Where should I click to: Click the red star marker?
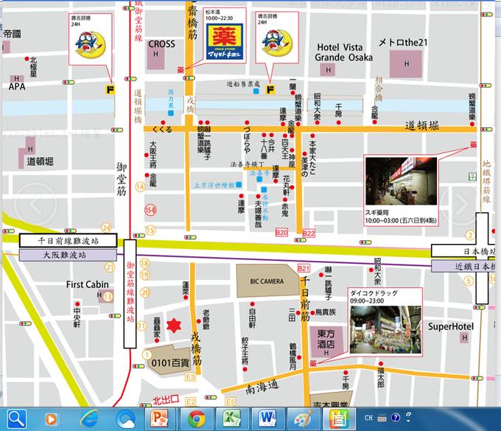pyautogui.click(x=175, y=325)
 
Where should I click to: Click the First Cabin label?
pyautogui.click(x=87, y=284)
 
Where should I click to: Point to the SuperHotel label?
pyautogui.click(x=450, y=326)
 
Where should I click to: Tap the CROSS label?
pyautogui.click(x=161, y=44)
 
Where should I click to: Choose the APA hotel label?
pyautogui.click(x=16, y=86)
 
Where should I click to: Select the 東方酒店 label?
pyautogui.click(x=326, y=338)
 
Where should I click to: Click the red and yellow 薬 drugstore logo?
pyautogui.click(x=226, y=43)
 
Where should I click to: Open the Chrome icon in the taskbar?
pyautogui.click(x=196, y=419)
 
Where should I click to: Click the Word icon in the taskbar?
pyautogui.click(x=267, y=419)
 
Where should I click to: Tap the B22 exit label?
pyautogui.click(x=308, y=233)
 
